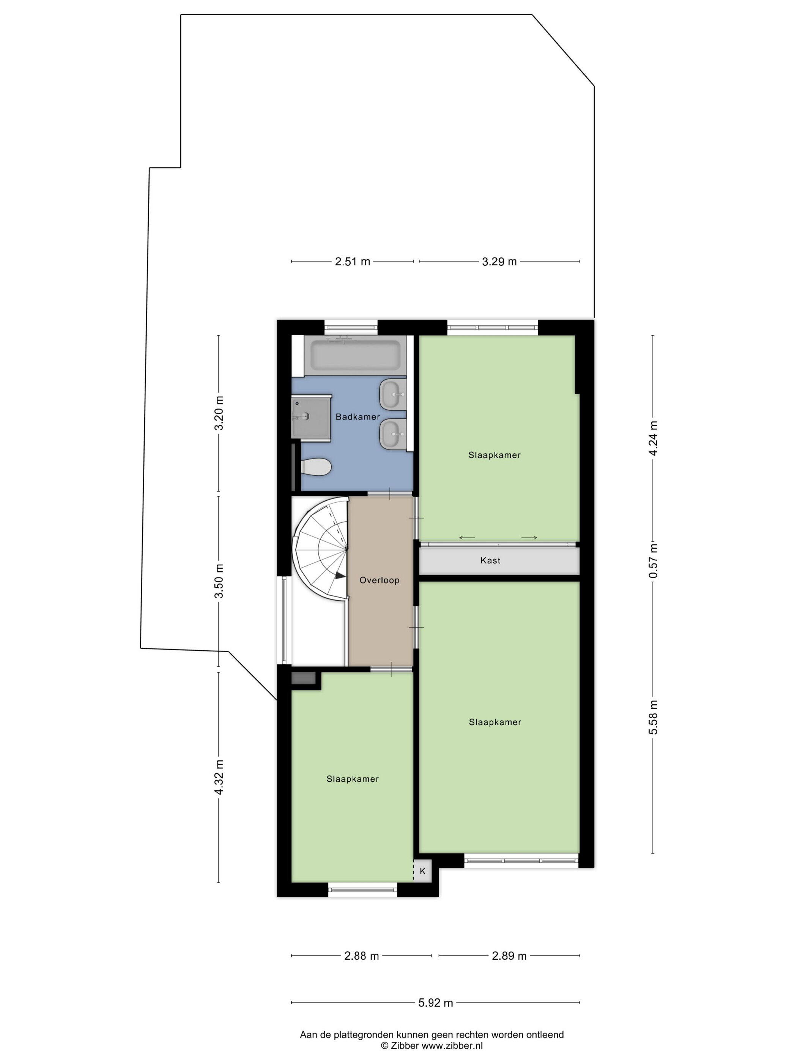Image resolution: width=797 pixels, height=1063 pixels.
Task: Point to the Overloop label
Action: coord(380,580)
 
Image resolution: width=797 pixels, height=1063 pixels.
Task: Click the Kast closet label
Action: coord(490,560)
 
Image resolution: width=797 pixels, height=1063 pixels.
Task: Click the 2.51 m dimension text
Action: coord(352,262)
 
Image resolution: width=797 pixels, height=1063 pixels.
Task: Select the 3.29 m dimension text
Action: coord(499,262)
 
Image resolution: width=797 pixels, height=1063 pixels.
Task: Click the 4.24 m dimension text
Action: coord(653,438)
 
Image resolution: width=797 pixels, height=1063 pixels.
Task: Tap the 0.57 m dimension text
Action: coord(653,561)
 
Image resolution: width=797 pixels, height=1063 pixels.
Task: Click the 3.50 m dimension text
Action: coord(219,580)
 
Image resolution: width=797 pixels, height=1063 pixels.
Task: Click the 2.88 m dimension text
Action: coord(361,956)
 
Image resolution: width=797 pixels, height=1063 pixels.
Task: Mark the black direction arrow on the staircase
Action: coord(340,575)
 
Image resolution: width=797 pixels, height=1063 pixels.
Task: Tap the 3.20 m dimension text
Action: coord(219,413)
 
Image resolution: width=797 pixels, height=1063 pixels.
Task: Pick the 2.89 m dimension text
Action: coord(509,956)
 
